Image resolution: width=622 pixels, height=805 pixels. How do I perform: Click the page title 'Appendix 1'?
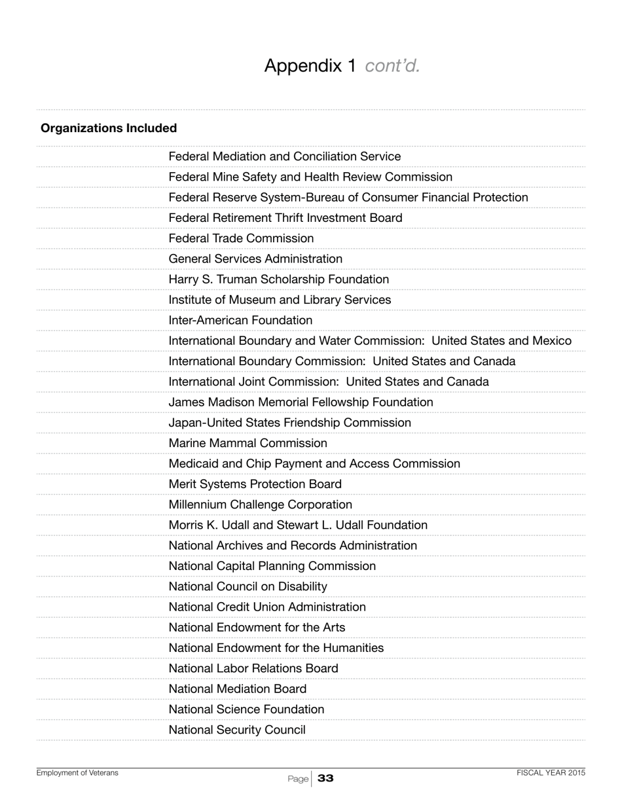click(310, 66)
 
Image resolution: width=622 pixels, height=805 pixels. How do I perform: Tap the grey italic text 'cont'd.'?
click(392, 66)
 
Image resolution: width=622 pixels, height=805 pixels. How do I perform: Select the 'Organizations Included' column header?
click(109, 128)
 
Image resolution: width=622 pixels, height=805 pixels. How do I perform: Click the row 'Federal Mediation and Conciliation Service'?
click(285, 156)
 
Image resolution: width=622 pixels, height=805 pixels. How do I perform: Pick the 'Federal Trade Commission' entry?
click(241, 238)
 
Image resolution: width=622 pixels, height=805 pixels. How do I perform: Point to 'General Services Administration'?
click(255, 259)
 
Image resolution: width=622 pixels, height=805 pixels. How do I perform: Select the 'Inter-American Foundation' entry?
click(240, 321)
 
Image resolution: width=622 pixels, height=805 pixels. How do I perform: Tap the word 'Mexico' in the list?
click(551, 341)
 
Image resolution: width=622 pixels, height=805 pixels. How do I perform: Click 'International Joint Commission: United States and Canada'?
click(329, 382)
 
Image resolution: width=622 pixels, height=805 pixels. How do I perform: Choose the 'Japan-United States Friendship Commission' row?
click(290, 423)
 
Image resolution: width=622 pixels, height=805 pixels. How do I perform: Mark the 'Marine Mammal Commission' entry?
click(248, 443)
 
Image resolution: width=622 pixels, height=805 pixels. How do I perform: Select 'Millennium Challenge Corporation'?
click(261, 505)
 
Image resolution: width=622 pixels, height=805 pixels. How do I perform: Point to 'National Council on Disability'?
click(248, 586)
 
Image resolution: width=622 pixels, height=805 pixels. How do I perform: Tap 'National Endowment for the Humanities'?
click(276, 648)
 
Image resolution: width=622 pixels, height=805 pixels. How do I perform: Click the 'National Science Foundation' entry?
click(246, 709)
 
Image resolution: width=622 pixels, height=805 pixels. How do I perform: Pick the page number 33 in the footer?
click(325, 778)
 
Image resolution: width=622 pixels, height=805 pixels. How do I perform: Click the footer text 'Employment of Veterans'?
click(77, 773)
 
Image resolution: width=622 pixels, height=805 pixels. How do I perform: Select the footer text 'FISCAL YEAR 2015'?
click(551, 773)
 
